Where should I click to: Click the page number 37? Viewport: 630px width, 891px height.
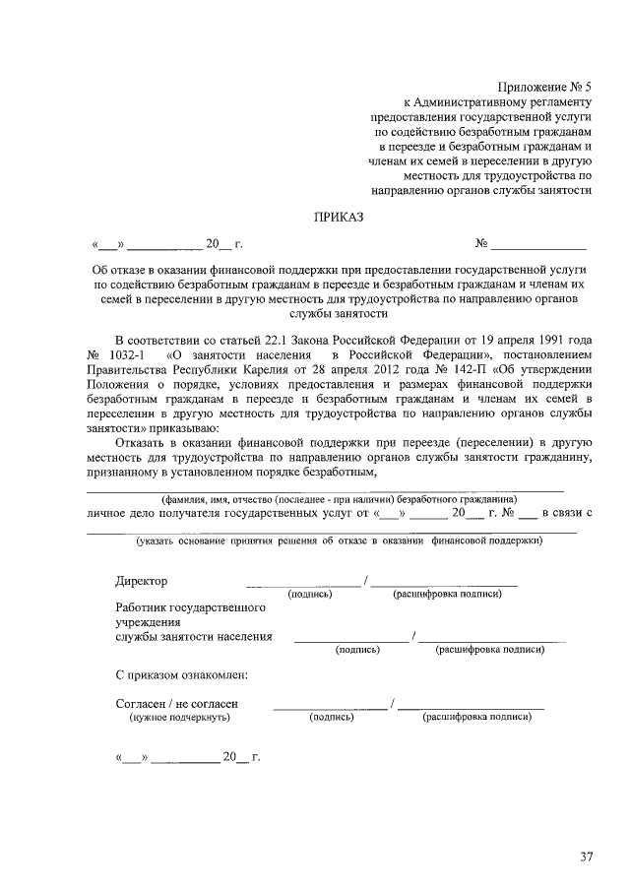586,857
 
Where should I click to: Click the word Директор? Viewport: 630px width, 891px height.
141,581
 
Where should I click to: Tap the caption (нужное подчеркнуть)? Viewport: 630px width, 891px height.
179,718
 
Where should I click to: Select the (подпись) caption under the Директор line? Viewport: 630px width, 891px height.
309,595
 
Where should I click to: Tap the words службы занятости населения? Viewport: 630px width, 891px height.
193,636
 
